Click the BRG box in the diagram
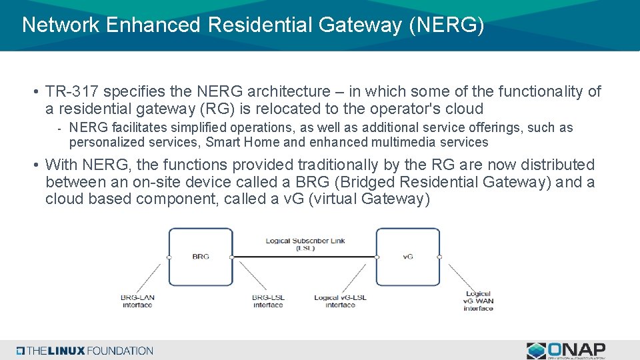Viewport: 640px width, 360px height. tap(200, 256)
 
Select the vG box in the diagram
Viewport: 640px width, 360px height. tap(407, 256)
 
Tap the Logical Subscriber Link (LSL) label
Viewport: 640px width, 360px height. tap(305, 244)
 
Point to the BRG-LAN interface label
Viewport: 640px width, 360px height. tap(137, 301)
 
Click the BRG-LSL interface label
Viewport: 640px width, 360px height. tap(268, 301)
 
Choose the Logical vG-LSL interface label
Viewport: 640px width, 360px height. tap(340, 301)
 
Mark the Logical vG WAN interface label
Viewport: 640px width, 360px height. tap(478, 301)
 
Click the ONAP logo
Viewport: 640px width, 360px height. tap(566, 351)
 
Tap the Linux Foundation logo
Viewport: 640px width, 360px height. tap(85, 351)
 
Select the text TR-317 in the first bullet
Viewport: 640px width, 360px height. tap(74, 91)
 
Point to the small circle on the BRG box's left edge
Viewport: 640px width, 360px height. tap(169, 257)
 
